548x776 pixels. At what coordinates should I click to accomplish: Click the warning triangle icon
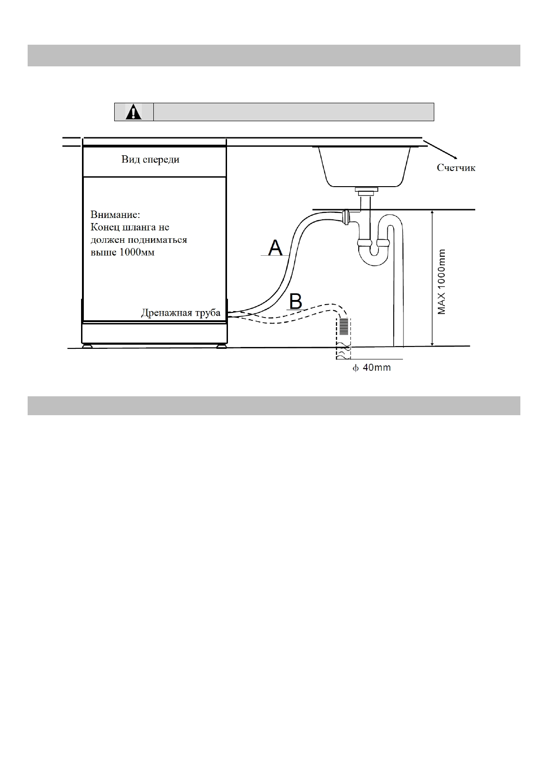coord(134,112)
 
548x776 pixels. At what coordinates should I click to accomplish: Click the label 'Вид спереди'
coord(150,160)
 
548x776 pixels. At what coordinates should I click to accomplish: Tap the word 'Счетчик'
coord(456,168)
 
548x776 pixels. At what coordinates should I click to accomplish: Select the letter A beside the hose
coord(275,247)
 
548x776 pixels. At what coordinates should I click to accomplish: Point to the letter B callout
coord(295,302)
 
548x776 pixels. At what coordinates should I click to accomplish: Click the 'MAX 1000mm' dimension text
coord(442,282)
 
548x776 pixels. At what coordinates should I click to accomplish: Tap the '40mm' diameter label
coord(376,368)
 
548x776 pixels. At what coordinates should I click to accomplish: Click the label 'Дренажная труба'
coord(181,313)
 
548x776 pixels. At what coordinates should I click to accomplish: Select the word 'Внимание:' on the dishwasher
coord(115,215)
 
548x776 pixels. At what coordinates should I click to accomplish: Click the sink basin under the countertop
coord(367,166)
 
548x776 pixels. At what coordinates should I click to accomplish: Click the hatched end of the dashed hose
coord(344,326)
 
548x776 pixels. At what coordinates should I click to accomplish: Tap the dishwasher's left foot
coord(87,346)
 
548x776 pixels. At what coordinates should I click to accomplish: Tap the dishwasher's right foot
coord(222,346)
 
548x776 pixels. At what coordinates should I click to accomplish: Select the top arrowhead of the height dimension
coord(432,213)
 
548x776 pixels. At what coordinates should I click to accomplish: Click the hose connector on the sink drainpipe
coord(347,216)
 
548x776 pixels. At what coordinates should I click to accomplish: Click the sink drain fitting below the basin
coord(367,190)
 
